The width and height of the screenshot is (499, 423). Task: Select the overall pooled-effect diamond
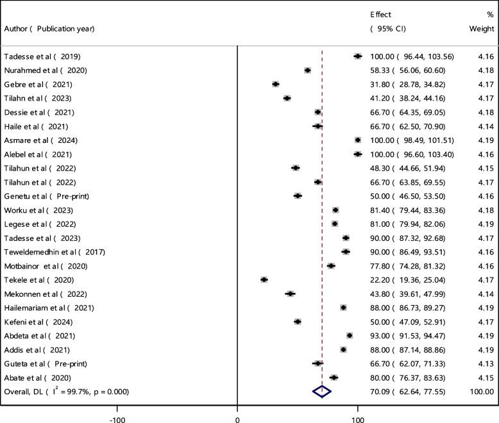coord(321,392)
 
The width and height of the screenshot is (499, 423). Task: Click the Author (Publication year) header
coord(49,28)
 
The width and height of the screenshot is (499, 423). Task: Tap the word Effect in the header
coord(380,14)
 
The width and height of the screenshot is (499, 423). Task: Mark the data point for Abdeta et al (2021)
coord(349,335)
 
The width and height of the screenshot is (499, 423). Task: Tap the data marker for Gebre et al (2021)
coord(275,84)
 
